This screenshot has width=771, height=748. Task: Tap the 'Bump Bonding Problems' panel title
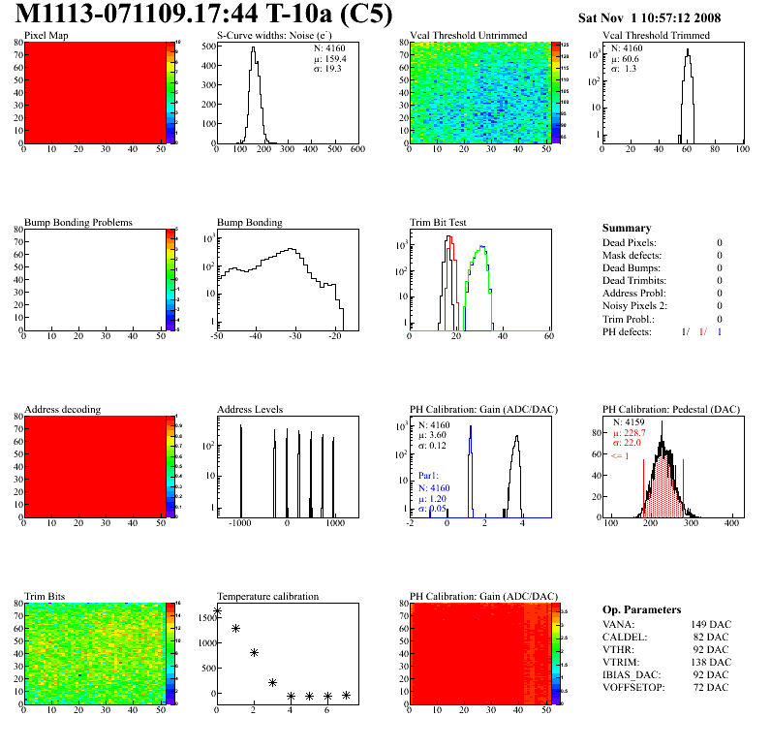pyautogui.click(x=77, y=222)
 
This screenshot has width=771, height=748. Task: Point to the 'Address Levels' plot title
pyautogui.click(x=250, y=410)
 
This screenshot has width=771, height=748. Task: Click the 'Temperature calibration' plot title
pyautogui.click(x=267, y=596)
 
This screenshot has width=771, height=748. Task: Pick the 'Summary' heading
pyautogui.click(x=627, y=228)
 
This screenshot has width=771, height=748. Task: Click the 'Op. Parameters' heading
pyautogui.click(x=641, y=609)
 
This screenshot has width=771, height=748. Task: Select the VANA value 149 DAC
pyautogui.click(x=711, y=625)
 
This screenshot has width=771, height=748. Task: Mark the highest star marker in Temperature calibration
pyautogui.click(x=217, y=612)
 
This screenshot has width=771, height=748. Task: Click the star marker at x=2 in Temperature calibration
pyautogui.click(x=254, y=653)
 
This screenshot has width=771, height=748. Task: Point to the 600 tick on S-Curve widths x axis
pyautogui.click(x=357, y=150)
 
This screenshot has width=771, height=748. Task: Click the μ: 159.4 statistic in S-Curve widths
pyautogui.click(x=330, y=58)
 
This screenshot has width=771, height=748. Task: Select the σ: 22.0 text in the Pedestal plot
pyautogui.click(x=630, y=444)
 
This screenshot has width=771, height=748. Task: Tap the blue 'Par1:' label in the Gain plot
pyautogui.click(x=429, y=477)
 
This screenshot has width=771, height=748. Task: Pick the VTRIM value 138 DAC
pyautogui.click(x=711, y=662)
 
